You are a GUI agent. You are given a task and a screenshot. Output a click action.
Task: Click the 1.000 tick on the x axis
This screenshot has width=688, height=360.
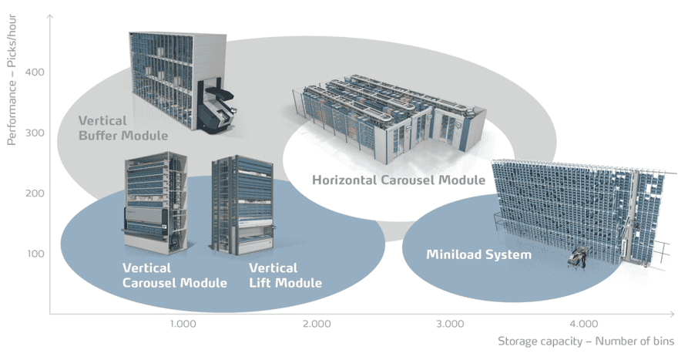(x=183, y=323)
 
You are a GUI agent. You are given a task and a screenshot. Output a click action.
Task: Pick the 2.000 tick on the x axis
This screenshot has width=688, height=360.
(x=317, y=323)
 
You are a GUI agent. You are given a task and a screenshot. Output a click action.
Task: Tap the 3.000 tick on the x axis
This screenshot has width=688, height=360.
(x=450, y=323)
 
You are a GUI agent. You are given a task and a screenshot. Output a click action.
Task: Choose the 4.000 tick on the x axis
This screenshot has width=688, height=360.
(x=583, y=323)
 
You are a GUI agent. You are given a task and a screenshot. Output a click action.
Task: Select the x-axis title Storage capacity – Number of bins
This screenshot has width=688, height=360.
(x=586, y=341)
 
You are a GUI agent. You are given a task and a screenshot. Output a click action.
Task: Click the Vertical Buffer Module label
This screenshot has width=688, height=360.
(x=122, y=128)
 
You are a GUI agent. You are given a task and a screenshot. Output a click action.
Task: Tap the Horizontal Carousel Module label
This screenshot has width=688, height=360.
(x=398, y=180)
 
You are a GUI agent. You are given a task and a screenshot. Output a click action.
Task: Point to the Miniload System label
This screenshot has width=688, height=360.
(x=478, y=254)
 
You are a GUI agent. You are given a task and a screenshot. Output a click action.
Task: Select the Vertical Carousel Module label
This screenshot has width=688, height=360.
(x=174, y=275)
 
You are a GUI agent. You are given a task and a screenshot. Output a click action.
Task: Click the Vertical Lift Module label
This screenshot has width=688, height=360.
(x=284, y=275)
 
